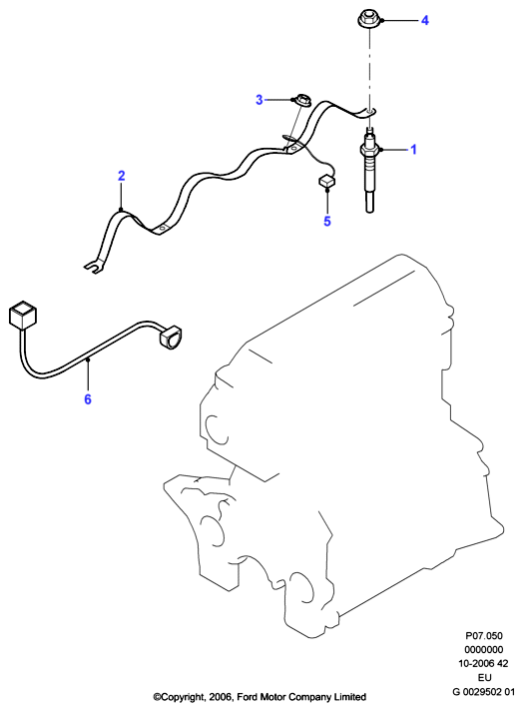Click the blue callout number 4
click(x=424, y=20)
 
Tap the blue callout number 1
click(x=413, y=149)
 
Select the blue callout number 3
click(x=260, y=99)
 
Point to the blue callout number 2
click(x=121, y=176)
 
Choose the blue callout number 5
click(x=327, y=221)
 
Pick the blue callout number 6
click(x=88, y=399)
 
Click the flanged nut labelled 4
click(x=368, y=21)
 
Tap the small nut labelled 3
click(x=299, y=100)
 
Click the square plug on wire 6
click(x=23, y=316)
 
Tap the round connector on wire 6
click(x=169, y=337)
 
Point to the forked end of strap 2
click(x=94, y=268)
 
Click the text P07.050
click(x=483, y=636)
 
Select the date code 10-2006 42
click(x=483, y=663)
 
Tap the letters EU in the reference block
click(x=484, y=677)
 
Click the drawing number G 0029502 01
click(x=483, y=691)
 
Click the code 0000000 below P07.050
click(x=483, y=649)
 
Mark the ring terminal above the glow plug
click(x=370, y=111)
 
